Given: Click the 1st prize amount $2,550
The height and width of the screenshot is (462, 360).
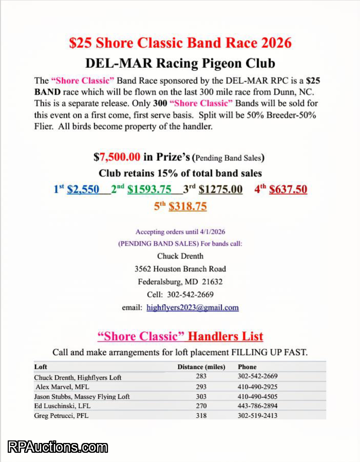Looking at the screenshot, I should point(83,189).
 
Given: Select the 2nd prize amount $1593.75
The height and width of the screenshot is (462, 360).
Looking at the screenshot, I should point(150,189).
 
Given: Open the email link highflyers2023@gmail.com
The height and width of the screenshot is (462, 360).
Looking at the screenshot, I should point(192,308).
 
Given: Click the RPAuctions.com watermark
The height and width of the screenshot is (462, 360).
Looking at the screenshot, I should point(58,447).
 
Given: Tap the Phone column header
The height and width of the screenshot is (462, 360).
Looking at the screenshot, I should point(247,367).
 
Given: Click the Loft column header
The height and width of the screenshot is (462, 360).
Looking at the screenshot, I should point(41,367).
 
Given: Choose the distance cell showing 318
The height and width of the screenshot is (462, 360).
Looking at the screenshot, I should point(201,416).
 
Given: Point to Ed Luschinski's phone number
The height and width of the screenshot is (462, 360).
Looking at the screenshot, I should point(258,406).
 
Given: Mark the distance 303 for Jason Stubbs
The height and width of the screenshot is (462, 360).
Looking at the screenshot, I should point(201,396).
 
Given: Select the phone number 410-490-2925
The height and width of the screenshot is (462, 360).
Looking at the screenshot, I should point(258,386).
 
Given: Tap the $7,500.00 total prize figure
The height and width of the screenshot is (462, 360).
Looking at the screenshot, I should point(117,157).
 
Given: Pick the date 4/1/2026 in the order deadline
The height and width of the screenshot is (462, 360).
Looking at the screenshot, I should point(211,232).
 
